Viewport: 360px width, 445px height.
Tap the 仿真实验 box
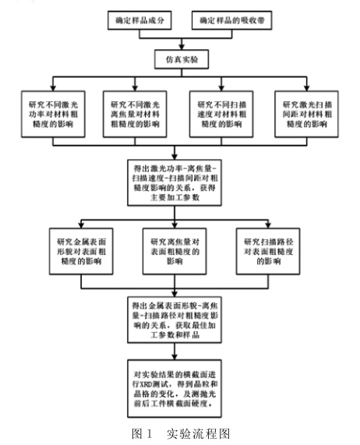coord(180,58)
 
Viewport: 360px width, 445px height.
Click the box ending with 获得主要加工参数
coord(181,182)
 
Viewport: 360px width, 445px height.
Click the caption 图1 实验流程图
coord(182,433)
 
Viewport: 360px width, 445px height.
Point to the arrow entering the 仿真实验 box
coord(180,44)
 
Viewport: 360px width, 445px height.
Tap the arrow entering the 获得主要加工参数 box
coord(180,154)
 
